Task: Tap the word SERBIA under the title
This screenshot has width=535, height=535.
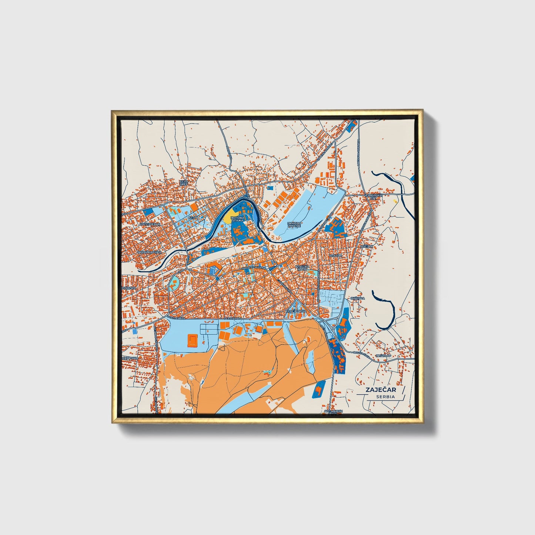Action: (x=385, y=397)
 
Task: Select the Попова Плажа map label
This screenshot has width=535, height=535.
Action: (x=237, y=219)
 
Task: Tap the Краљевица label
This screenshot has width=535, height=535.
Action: (x=296, y=311)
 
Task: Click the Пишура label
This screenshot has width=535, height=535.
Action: (x=357, y=298)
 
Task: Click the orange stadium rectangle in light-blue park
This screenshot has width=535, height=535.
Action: (x=193, y=340)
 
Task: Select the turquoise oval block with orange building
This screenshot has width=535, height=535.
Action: (x=173, y=284)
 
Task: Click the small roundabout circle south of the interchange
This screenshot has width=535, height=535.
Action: (x=335, y=328)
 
